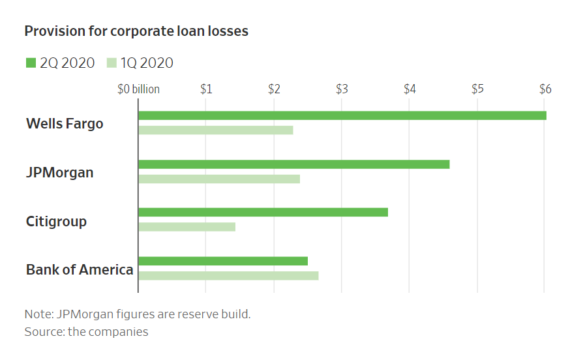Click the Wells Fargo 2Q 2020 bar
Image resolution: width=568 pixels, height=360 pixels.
pos(342,115)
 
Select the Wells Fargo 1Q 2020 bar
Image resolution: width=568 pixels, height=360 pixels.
pos(215,130)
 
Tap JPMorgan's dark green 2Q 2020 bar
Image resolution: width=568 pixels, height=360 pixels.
pos(293,164)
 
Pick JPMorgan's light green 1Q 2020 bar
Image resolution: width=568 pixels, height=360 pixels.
pos(219,179)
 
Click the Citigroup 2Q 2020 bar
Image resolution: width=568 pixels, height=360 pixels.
pos(263,212)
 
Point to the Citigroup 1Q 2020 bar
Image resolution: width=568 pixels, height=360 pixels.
pos(187,226)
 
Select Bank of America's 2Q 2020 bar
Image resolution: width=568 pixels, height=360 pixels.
pos(223,261)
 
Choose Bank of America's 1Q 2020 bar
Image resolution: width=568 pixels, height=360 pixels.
pos(228,275)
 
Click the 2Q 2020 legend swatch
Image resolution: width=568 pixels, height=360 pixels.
pos(31,63)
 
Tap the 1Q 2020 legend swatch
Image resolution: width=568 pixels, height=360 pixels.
pos(112,63)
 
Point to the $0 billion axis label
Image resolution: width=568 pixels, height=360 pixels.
pos(138,89)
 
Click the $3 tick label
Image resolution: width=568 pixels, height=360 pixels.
pos(342,89)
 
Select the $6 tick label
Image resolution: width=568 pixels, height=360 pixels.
pos(545,89)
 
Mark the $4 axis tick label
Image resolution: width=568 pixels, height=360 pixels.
pos(410,89)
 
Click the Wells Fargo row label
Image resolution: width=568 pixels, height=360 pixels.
pos(65,123)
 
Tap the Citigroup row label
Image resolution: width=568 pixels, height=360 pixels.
pos(56,221)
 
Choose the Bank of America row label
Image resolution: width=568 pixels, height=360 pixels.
pos(80,269)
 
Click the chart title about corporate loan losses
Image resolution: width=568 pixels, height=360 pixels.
pos(136,31)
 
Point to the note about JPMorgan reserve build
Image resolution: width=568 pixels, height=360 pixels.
pos(138,314)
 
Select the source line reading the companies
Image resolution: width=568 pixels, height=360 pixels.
pos(86,332)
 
